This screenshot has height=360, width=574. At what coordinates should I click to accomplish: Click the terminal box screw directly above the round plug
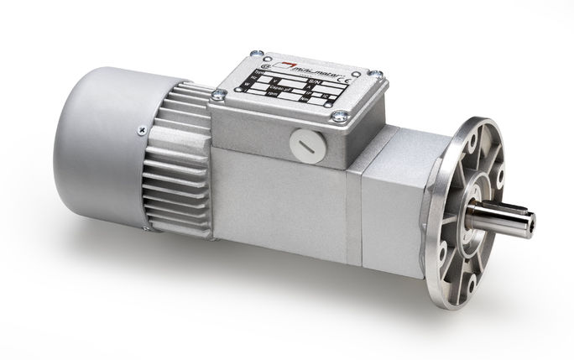(339, 116)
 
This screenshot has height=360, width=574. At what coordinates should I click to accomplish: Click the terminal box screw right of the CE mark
(381, 73)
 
